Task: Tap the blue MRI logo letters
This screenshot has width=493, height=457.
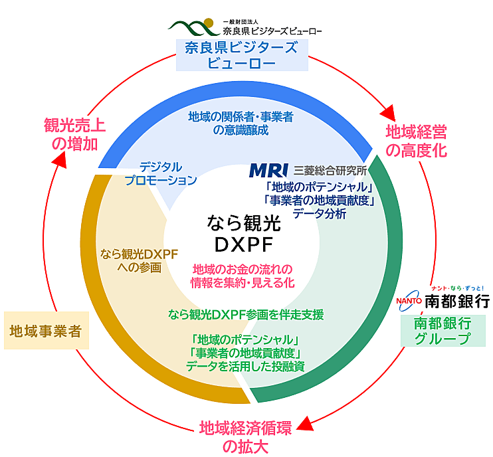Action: tap(268, 170)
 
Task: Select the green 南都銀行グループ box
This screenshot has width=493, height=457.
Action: tap(441, 330)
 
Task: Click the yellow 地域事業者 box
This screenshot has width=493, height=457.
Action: tap(46, 330)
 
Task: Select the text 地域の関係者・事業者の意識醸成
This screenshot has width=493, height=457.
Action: tap(241, 124)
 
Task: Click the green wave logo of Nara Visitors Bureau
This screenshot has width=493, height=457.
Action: tap(192, 27)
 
